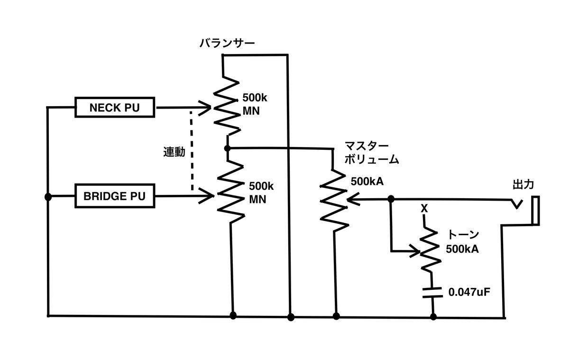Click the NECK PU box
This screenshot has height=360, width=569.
[115, 107]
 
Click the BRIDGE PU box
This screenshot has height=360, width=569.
[115, 196]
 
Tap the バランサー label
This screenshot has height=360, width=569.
[227, 43]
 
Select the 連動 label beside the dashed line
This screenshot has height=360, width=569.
[174, 152]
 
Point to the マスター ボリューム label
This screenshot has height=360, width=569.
[372, 153]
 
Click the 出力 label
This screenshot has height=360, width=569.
[523, 185]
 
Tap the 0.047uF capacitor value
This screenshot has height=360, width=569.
[469, 292]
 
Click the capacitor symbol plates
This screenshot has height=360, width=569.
[432, 293]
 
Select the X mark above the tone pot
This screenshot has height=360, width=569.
[424, 209]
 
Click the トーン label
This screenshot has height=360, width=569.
[463, 234]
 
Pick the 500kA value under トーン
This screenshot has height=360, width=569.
[462, 249]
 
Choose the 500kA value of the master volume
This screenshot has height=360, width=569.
[367, 182]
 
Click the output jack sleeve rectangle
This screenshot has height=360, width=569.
[535, 211]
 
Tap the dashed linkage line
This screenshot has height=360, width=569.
[192, 151]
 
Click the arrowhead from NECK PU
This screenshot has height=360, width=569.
[205, 108]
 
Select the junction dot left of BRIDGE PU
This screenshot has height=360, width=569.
[48, 197]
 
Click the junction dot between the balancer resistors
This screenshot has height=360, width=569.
[227, 148]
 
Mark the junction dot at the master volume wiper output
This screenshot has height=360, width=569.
[391, 199]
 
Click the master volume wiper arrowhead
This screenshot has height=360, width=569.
[353, 199]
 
